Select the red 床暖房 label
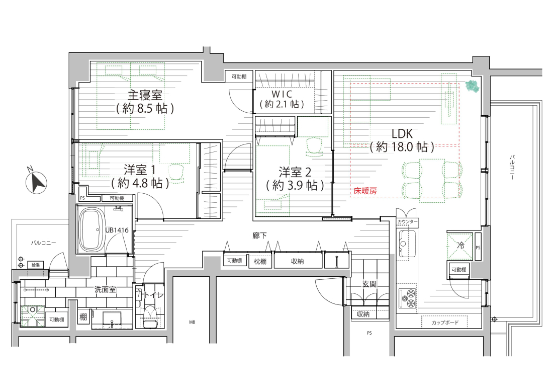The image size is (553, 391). [x=365, y=191]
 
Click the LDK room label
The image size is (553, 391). [x=402, y=134]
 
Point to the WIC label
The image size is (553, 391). [x=282, y=94]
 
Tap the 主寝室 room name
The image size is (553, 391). [x=145, y=95]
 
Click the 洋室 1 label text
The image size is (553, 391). [x=139, y=170]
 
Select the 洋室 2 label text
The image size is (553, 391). [x=295, y=172]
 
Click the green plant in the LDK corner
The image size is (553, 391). [x=472, y=86]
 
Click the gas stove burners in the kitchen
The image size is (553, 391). [x=408, y=298]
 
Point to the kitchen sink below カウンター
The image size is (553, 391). [x=407, y=244]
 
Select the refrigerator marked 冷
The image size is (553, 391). [x=460, y=246]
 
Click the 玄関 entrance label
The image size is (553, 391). [x=370, y=284]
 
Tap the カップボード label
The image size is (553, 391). [x=445, y=323]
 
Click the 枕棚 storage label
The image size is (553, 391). [x=260, y=262]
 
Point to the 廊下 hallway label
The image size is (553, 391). [x=259, y=236]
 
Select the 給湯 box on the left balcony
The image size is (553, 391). [x=36, y=265]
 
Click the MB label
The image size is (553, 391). [x=192, y=322]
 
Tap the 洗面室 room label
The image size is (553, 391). [x=105, y=289]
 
